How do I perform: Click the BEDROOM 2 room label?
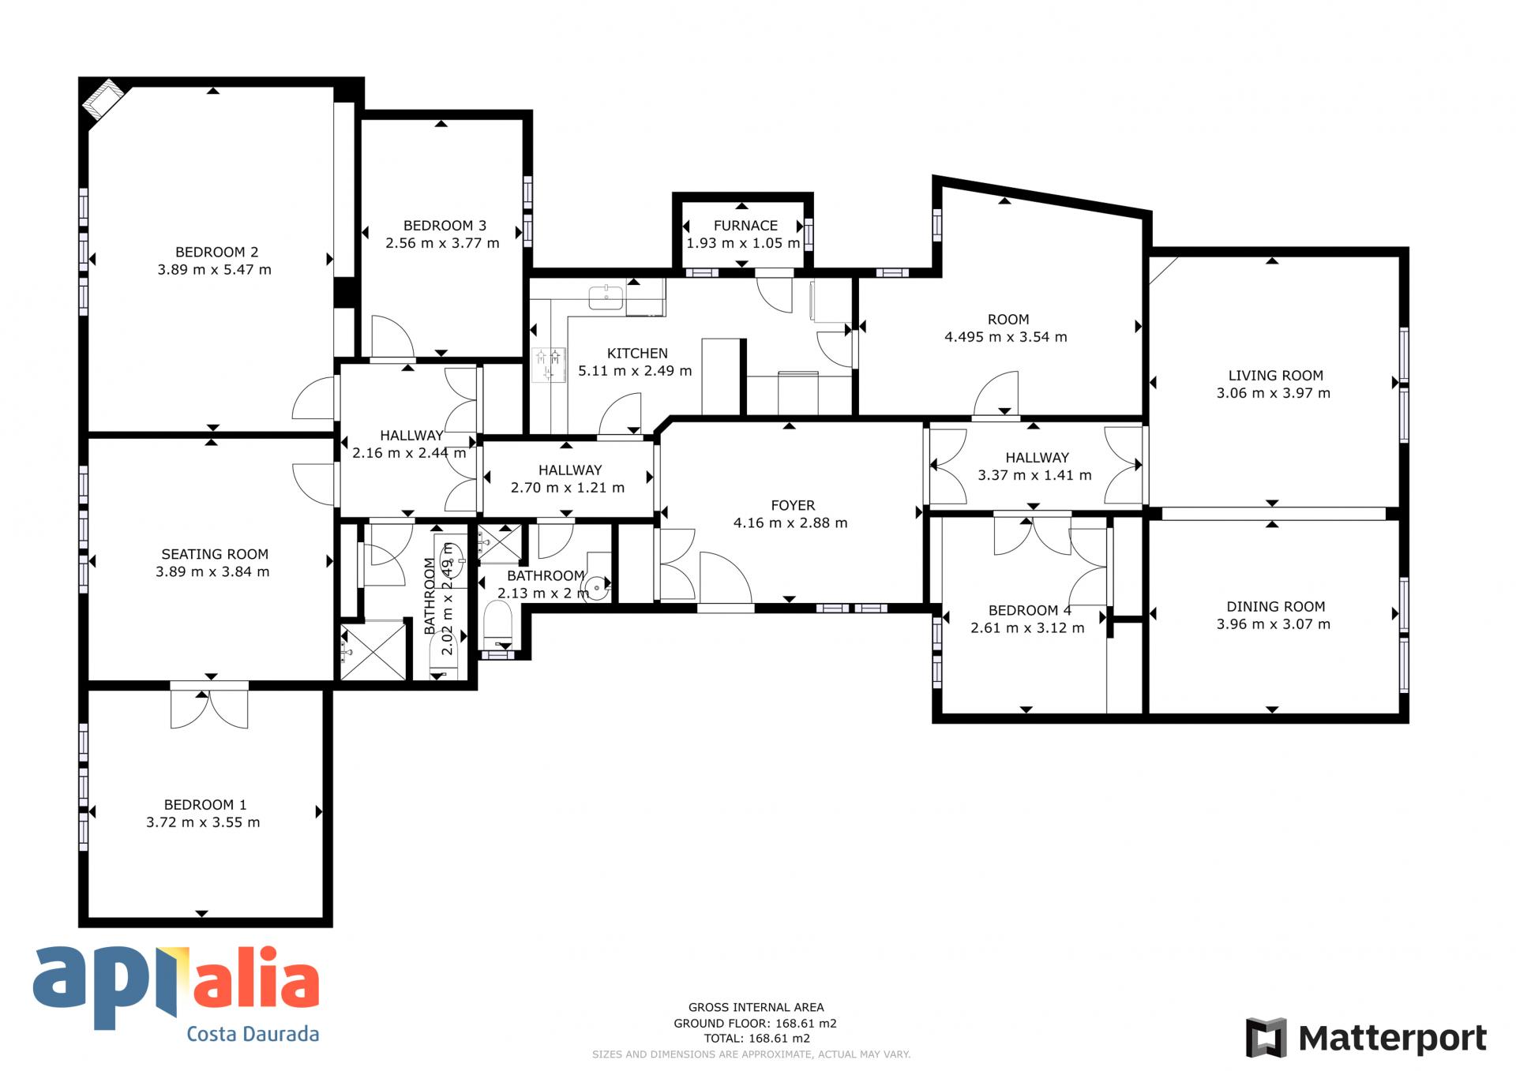click(x=216, y=253)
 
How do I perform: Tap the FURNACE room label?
click(x=745, y=226)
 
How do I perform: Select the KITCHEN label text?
click(x=637, y=354)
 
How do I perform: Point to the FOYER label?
click(x=793, y=506)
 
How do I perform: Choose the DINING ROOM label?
click(x=1275, y=607)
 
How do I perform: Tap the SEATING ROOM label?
click(x=215, y=555)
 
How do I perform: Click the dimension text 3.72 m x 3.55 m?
click(x=203, y=822)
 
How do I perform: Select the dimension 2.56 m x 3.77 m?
click(x=442, y=243)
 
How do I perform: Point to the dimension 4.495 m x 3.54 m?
click(x=1006, y=337)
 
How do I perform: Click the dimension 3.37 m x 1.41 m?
click(x=1034, y=475)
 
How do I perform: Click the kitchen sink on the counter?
click(x=606, y=298)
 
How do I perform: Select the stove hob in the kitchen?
click(x=550, y=365)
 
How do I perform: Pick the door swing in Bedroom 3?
click(x=392, y=336)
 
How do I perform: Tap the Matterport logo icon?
click(x=1266, y=1038)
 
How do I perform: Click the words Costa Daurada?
click(x=253, y=1034)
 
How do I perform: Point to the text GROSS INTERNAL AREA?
click(x=756, y=1007)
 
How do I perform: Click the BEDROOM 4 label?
click(x=1030, y=611)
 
